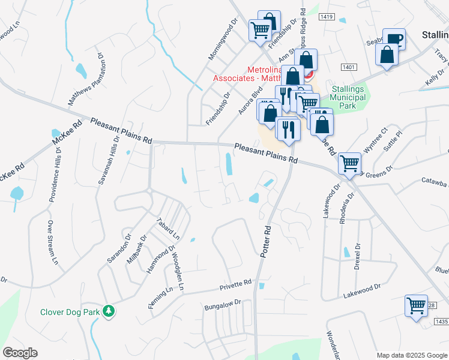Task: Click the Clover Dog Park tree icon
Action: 109,311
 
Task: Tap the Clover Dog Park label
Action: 70,312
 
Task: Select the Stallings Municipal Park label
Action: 352,98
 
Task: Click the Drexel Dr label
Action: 357,255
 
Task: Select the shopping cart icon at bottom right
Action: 416,306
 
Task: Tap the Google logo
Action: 20,353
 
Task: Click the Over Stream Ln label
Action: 52,243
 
